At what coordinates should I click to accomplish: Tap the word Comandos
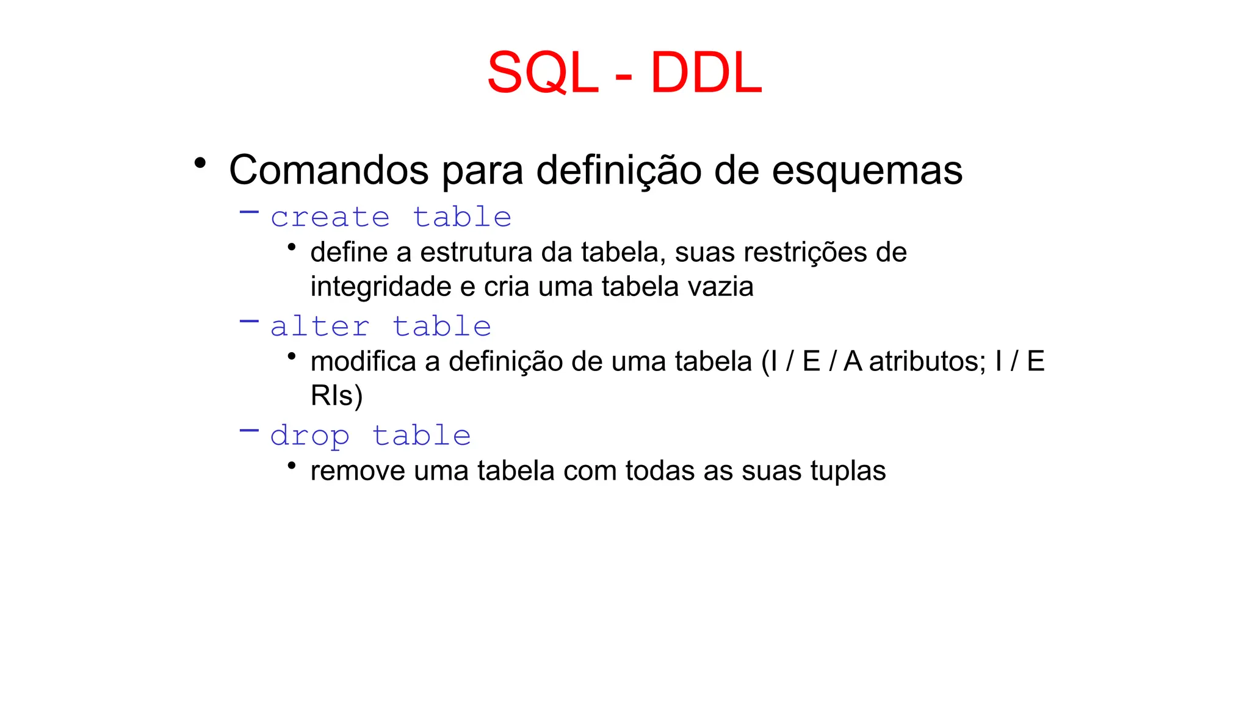pos(328,170)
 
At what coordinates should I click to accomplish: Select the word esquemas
pos(867,170)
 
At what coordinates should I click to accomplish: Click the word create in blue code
pos(330,218)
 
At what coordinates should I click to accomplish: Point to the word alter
pos(320,327)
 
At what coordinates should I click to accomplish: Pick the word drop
pos(309,436)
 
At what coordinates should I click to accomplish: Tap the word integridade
pos(381,287)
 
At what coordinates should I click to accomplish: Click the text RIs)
pos(336,395)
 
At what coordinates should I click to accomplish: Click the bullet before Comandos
pos(200,164)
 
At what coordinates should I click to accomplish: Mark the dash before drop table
pos(249,430)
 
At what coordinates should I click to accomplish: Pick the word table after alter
pos(441,327)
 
